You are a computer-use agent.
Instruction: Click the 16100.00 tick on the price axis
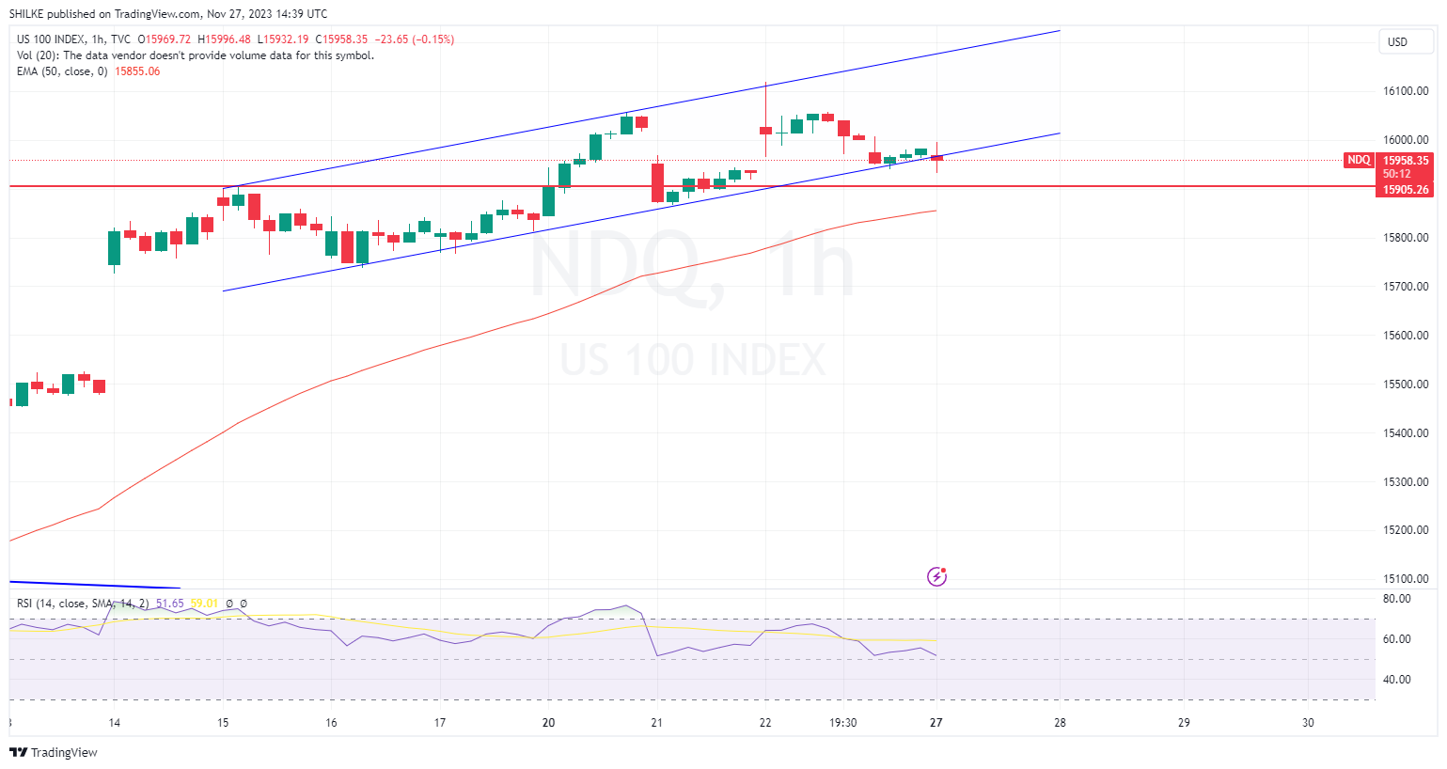[x=1406, y=91]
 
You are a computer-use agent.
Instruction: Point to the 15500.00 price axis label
[x=1406, y=384]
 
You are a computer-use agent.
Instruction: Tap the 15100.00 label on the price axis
[x=1406, y=579]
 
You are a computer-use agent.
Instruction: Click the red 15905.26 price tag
[x=1406, y=190]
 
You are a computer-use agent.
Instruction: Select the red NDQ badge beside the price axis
[x=1359, y=160]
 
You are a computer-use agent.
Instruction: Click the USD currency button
[x=1397, y=41]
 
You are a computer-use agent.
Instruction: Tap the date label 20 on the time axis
[x=548, y=723]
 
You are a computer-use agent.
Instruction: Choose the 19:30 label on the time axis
[x=842, y=723]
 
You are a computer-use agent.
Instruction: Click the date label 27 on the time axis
[x=936, y=723]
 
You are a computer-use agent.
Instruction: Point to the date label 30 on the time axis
[x=1308, y=723]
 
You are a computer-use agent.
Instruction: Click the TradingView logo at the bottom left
[x=54, y=752]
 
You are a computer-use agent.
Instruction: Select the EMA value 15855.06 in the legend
[x=137, y=71]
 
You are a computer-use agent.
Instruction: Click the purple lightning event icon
[x=936, y=576]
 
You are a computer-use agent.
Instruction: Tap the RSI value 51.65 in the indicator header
[x=170, y=604]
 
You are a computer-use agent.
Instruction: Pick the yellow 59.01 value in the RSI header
[x=204, y=604]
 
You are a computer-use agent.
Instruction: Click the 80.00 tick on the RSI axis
[x=1397, y=599]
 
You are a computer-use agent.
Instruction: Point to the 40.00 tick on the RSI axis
[x=1397, y=680]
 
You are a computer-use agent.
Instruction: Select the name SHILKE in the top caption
[x=27, y=14]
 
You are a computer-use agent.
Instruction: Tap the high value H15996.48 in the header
[x=228, y=39]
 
